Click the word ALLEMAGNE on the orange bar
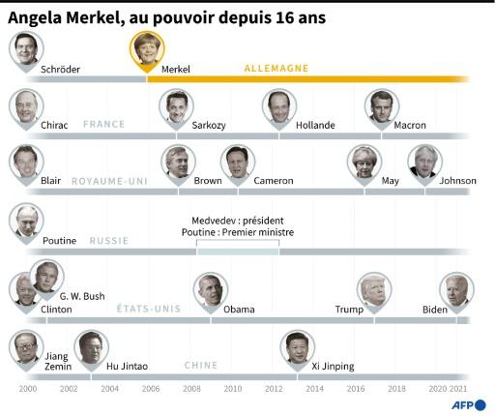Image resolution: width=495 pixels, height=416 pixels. pyautogui.click(x=276, y=69)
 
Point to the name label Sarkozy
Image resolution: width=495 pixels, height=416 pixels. pyautogui.click(x=210, y=125)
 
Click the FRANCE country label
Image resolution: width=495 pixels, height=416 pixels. pyautogui.click(x=104, y=125)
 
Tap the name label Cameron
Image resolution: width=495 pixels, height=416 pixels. pyautogui.click(x=273, y=181)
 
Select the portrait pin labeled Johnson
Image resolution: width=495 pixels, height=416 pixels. pyautogui.click(x=423, y=163)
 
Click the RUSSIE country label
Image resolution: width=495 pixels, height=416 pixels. pyautogui.click(x=109, y=241)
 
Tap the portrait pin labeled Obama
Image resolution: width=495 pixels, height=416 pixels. pyautogui.click(x=207, y=289)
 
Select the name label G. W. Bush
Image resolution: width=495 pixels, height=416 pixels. pyautogui.click(x=82, y=296)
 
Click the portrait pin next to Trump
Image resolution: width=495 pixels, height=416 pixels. pyautogui.click(x=372, y=289)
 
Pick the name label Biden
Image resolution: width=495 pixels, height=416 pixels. pyautogui.click(x=435, y=310)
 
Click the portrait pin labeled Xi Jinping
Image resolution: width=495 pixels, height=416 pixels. pyautogui.click(x=297, y=347)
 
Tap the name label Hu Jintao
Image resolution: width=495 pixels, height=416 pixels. pyautogui.click(x=127, y=367)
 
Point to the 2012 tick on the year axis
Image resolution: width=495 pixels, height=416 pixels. pyautogui.click(x=273, y=389)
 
